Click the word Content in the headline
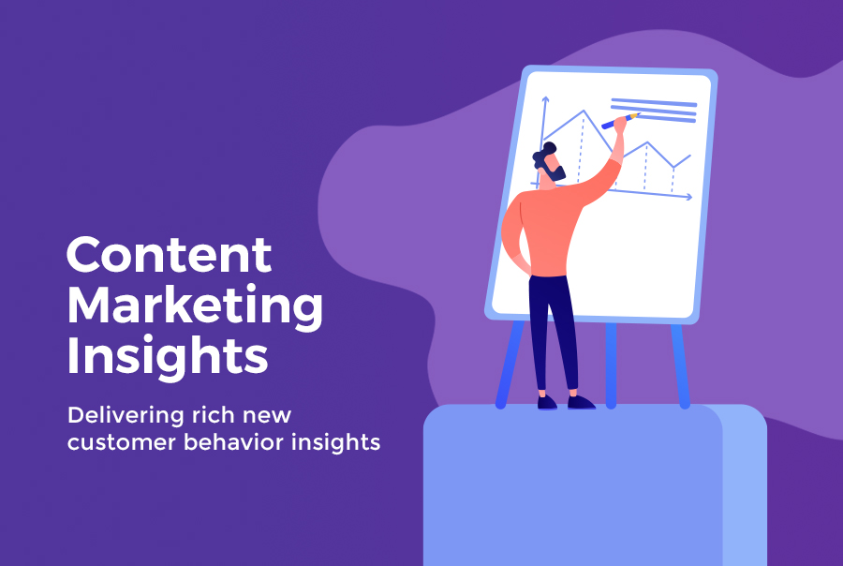tap(169, 255)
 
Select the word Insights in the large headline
tap(168, 356)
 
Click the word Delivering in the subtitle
tap(126, 415)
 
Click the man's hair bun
tap(549, 147)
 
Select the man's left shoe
tap(547, 402)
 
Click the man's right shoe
tap(581, 402)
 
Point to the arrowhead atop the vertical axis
tap(545, 100)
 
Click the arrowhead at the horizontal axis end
tap(688, 197)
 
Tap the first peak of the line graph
tap(584, 112)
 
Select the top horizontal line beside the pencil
tap(654, 101)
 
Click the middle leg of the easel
tap(611, 365)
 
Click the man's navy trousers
tap(553, 331)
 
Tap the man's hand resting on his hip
tap(522, 264)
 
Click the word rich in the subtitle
tap(214, 415)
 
